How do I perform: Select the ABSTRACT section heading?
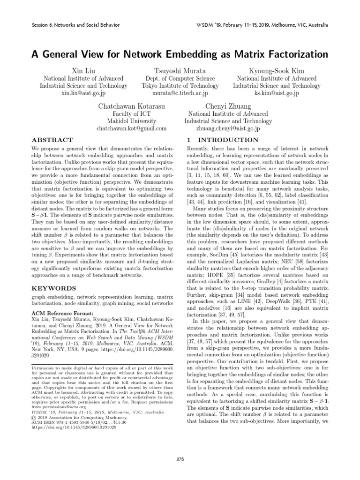[x=52, y=140]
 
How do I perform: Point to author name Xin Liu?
[x=83, y=70]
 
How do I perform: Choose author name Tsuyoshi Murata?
[x=180, y=70]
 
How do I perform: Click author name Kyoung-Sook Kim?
[x=277, y=70]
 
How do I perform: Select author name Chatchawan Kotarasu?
[x=131, y=106]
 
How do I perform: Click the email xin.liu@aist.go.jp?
[x=83, y=93]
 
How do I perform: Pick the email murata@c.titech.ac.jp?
[x=180, y=93]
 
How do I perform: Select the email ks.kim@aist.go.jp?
[x=277, y=93]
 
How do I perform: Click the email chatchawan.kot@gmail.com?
[x=131, y=128]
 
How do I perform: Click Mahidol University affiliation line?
[x=131, y=121]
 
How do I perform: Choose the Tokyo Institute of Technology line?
[x=180, y=86]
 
